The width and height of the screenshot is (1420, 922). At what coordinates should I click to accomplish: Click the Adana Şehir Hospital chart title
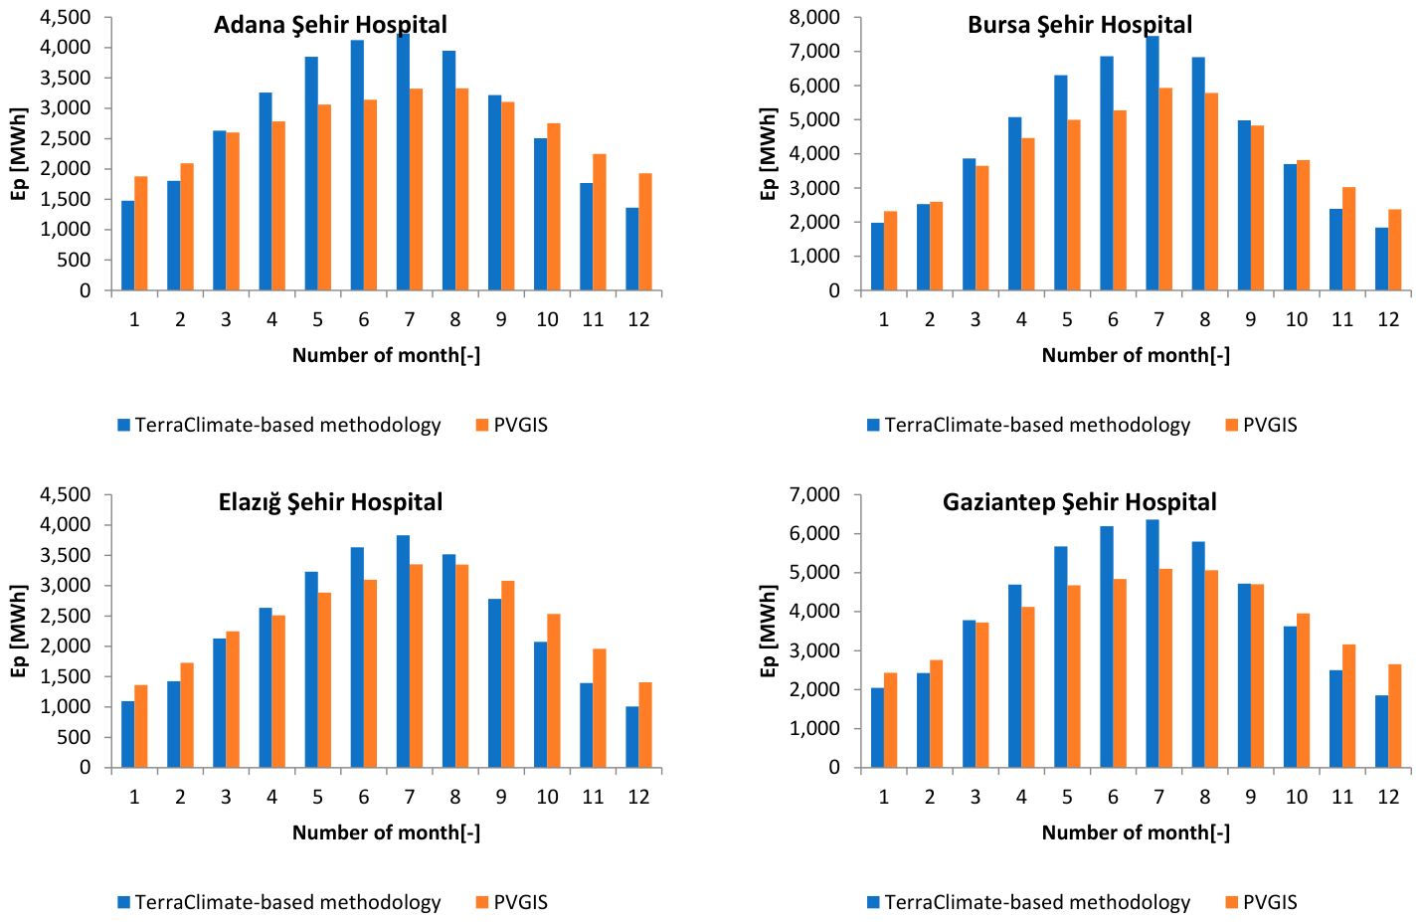(330, 26)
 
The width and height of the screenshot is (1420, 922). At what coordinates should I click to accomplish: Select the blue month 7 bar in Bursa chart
(1153, 163)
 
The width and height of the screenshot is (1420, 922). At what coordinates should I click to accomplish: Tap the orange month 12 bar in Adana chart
(645, 232)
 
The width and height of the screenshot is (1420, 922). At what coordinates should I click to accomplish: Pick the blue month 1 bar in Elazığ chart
(128, 734)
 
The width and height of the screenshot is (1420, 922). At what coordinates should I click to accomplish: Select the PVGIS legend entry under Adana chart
(511, 425)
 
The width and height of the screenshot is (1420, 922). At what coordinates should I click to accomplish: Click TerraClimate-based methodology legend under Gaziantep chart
(1029, 902)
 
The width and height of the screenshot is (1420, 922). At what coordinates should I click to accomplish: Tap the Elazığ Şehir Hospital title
(330, 502)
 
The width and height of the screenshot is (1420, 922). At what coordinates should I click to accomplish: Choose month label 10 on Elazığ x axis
(547, 797)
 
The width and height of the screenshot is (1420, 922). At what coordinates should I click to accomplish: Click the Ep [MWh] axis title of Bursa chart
(768, 154)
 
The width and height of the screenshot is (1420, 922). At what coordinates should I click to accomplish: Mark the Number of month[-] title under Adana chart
(386, 355)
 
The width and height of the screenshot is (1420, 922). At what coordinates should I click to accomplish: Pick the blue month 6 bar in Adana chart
(357, 165)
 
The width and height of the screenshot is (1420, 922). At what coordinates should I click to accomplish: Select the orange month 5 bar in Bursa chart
(1074, 205)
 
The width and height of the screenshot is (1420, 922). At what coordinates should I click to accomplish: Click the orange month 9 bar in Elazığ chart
(508, 674)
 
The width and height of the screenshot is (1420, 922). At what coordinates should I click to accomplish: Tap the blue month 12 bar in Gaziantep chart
(1382, 732)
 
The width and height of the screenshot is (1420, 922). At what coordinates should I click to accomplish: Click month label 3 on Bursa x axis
(975, 319)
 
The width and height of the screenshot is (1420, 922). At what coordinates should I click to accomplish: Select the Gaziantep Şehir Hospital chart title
(1080, 502)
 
